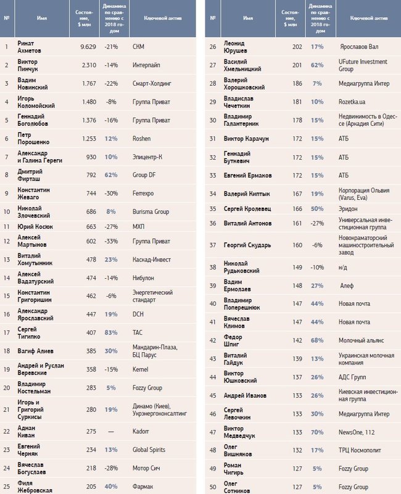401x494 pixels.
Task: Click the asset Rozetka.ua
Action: point(352,101)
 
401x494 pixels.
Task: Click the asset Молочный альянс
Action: point(362,339)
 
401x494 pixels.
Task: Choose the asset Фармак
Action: point(143,487)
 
